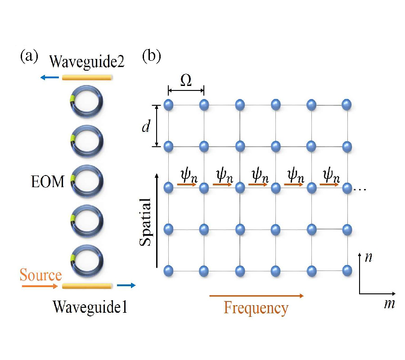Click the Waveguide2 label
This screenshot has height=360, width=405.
87,61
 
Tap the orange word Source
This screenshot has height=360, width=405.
40,274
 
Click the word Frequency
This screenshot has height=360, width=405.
256,308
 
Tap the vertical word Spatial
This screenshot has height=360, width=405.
145,221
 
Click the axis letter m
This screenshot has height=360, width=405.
389,304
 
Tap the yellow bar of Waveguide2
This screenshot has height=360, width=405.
87,77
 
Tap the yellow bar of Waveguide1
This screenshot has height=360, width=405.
87,285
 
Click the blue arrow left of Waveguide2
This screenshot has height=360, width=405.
49,78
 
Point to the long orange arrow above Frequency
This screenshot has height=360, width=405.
256,296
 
